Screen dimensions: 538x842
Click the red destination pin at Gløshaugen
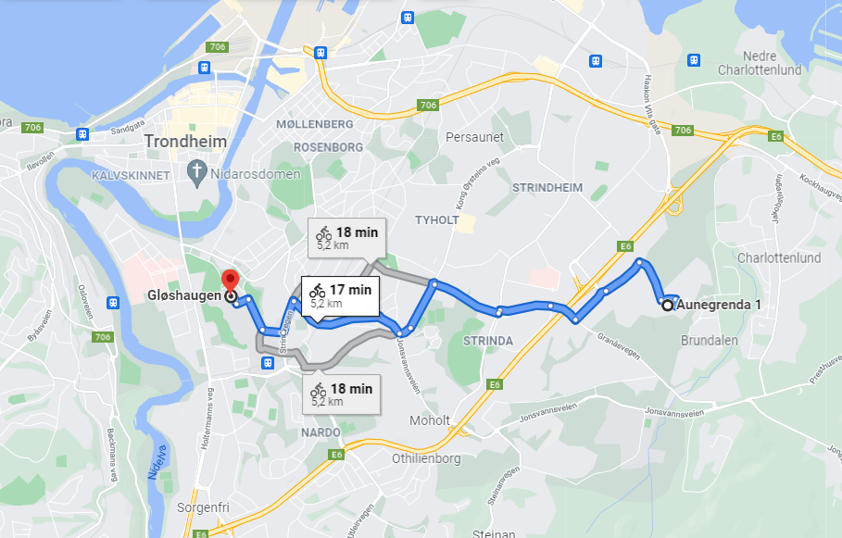click(x=230, y=280)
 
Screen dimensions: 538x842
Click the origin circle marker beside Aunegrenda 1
click(x=667, y=305)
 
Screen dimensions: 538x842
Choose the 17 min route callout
click(x=340, y=295)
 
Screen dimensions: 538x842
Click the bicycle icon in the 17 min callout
click(x=318, y=290)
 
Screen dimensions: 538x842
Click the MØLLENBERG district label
click(x=314, y=124)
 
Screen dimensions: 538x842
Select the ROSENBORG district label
click(x=327, y=147)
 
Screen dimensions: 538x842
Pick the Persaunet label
click(x=473, y=137)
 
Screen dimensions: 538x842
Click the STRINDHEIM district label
click(x=547, y=187)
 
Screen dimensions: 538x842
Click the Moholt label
click(x=430, y=420)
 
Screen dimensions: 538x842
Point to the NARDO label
click(x=321, y=432)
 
